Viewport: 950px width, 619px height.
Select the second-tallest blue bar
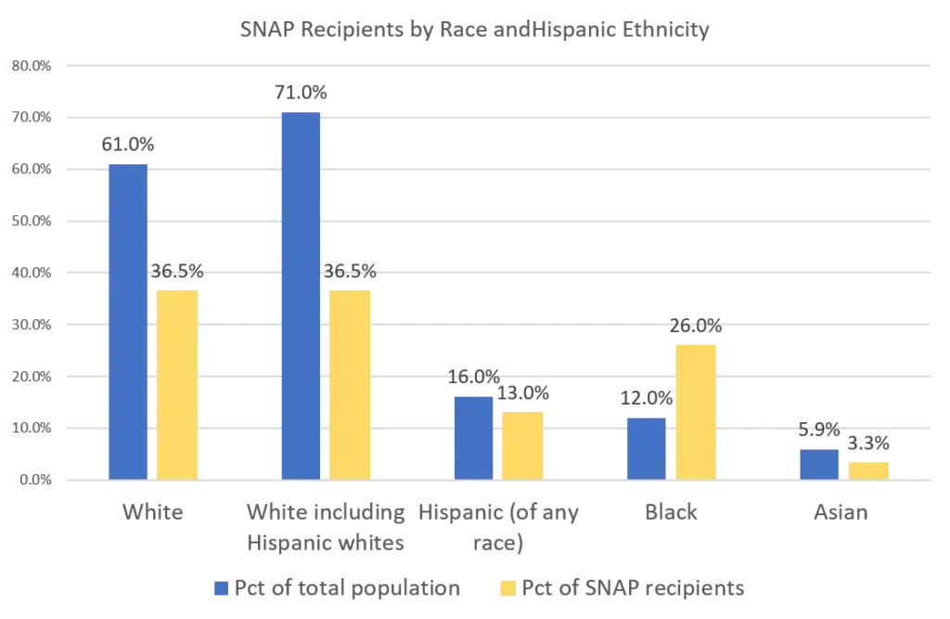click(x=128, y=321)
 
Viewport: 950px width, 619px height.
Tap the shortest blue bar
click(x=818, y=463)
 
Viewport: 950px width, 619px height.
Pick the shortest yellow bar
click(x=868, y=470)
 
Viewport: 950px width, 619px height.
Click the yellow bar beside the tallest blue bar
click(x=348, y=384)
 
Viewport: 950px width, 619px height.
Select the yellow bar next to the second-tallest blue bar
click(x=177, y=384)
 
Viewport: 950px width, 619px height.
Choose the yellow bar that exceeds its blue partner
click(x=697, y=410)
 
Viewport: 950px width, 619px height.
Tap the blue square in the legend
click(x=220, y=589)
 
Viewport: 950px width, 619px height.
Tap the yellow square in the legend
click(x=507, y=589)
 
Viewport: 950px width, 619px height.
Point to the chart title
click(x=474, y=29)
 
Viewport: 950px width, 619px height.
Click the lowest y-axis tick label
click(x=29, y=479)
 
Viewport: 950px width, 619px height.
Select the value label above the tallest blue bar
click(x=300, y=94)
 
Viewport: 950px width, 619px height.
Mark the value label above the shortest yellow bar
click(x=868, y=443)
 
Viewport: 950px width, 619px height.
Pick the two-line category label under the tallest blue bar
click(x=326, y=527)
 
